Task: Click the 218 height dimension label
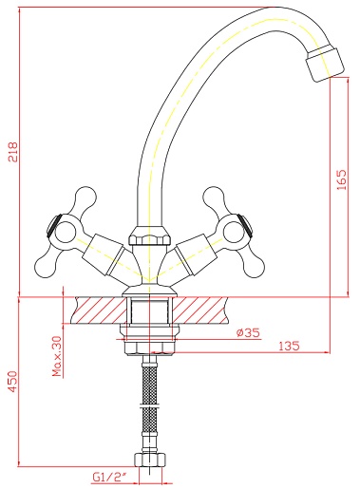coord(13,152)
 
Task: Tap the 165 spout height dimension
coord(342,179)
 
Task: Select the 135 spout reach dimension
coord(289,346)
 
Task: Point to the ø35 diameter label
coord(248,332)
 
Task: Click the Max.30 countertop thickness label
coord(57,356)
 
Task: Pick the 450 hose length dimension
coord(13,382)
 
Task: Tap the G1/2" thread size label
coord(109,477)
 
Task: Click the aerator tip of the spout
coord(325,64)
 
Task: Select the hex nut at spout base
coord(149,236)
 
